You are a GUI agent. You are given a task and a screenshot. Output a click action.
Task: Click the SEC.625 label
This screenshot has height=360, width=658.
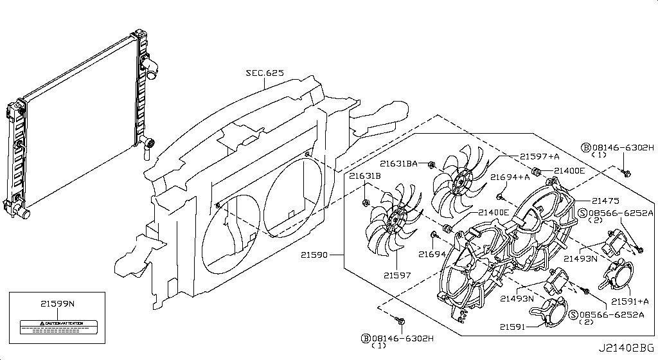[264, 73]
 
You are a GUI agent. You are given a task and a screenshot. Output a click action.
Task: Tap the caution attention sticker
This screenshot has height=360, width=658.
[57, 325]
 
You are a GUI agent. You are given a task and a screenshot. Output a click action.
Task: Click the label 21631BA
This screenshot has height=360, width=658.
[399, 163]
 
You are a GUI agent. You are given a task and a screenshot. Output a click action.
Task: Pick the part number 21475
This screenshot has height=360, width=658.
[605, 200]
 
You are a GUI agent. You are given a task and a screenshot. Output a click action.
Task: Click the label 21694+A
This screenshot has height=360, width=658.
[510, 177]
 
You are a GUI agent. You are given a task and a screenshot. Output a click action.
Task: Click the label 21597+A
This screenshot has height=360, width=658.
[539, 156]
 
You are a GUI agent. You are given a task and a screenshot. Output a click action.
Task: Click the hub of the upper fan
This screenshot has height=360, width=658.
[458, 184]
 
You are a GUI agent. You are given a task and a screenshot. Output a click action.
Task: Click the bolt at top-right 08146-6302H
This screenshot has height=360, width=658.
[627, 172]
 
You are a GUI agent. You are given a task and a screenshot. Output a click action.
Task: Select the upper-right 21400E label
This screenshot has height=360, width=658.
[569, 170]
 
